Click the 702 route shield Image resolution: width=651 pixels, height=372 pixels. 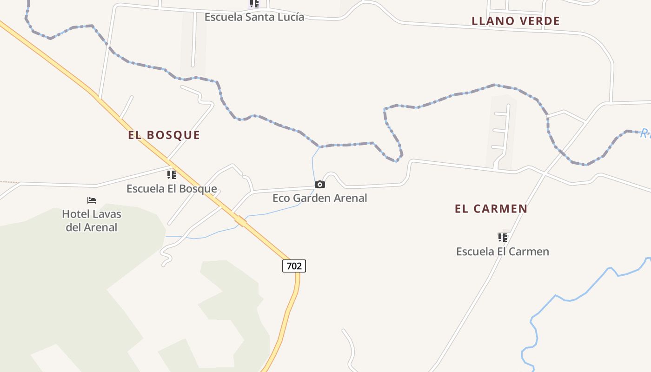click(x=294, y=266)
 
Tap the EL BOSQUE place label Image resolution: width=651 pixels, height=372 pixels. click(x=164, y=135)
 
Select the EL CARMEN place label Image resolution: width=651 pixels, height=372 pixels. click(x=491, y=209)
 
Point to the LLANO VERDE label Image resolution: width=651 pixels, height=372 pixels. click(x=516, y=21)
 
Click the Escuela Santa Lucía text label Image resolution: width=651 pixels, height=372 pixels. click(x=254, y=17)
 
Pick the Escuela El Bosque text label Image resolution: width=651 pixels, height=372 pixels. click(x=172, y=189)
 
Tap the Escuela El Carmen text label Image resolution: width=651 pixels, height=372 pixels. click(x=502, y=252)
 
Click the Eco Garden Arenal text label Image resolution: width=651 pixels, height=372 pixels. click(x=319, y=198)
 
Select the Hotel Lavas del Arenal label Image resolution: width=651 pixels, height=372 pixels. click(x=92, y=221)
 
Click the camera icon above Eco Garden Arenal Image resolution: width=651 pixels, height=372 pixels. click(x=319, y=185)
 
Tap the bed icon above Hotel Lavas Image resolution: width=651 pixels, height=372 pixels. click(x=92, y=200)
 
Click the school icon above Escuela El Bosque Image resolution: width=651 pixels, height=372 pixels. click(x=172, y=175)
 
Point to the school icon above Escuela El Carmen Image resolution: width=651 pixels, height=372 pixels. click(x=502, y=238)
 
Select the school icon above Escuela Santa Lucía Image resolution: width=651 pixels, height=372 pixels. click(x=254, y=4)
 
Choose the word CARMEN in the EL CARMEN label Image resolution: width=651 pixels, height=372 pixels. click(x=500, y=209)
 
